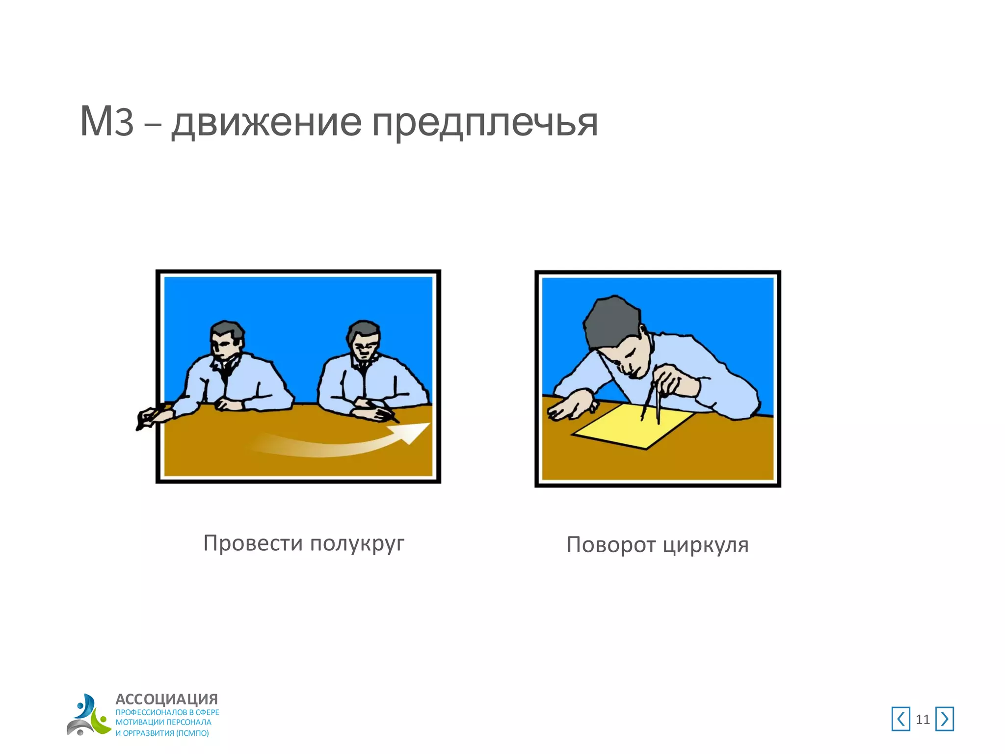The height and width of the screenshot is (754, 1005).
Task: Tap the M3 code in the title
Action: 106,122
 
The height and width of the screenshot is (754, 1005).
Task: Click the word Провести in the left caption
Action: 253,543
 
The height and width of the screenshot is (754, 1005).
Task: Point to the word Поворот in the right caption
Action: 611,545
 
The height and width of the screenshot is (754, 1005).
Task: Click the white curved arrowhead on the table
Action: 412,432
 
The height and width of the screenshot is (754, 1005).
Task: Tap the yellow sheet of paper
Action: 633,425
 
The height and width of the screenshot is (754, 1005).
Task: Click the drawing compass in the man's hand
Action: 657,398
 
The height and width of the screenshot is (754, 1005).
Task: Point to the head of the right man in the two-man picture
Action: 364,339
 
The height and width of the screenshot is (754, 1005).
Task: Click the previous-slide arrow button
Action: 900,719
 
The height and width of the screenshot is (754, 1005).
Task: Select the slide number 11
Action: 923,720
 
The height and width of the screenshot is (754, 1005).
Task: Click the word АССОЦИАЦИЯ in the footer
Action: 166,699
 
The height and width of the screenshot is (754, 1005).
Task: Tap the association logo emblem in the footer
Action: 88,715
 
